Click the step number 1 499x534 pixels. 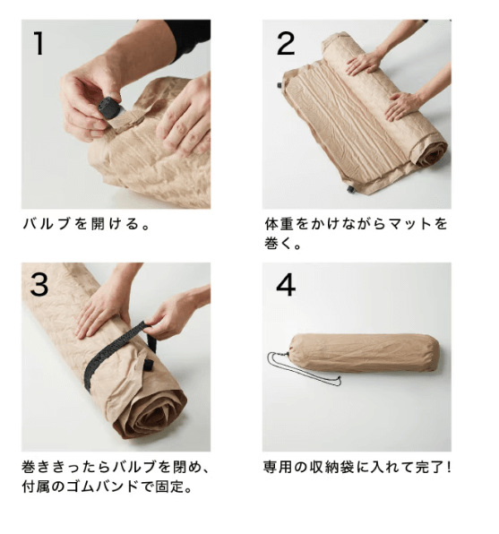tap(38, 44)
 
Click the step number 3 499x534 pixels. tap(39, 284)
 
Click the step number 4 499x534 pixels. tap(285, 285)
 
